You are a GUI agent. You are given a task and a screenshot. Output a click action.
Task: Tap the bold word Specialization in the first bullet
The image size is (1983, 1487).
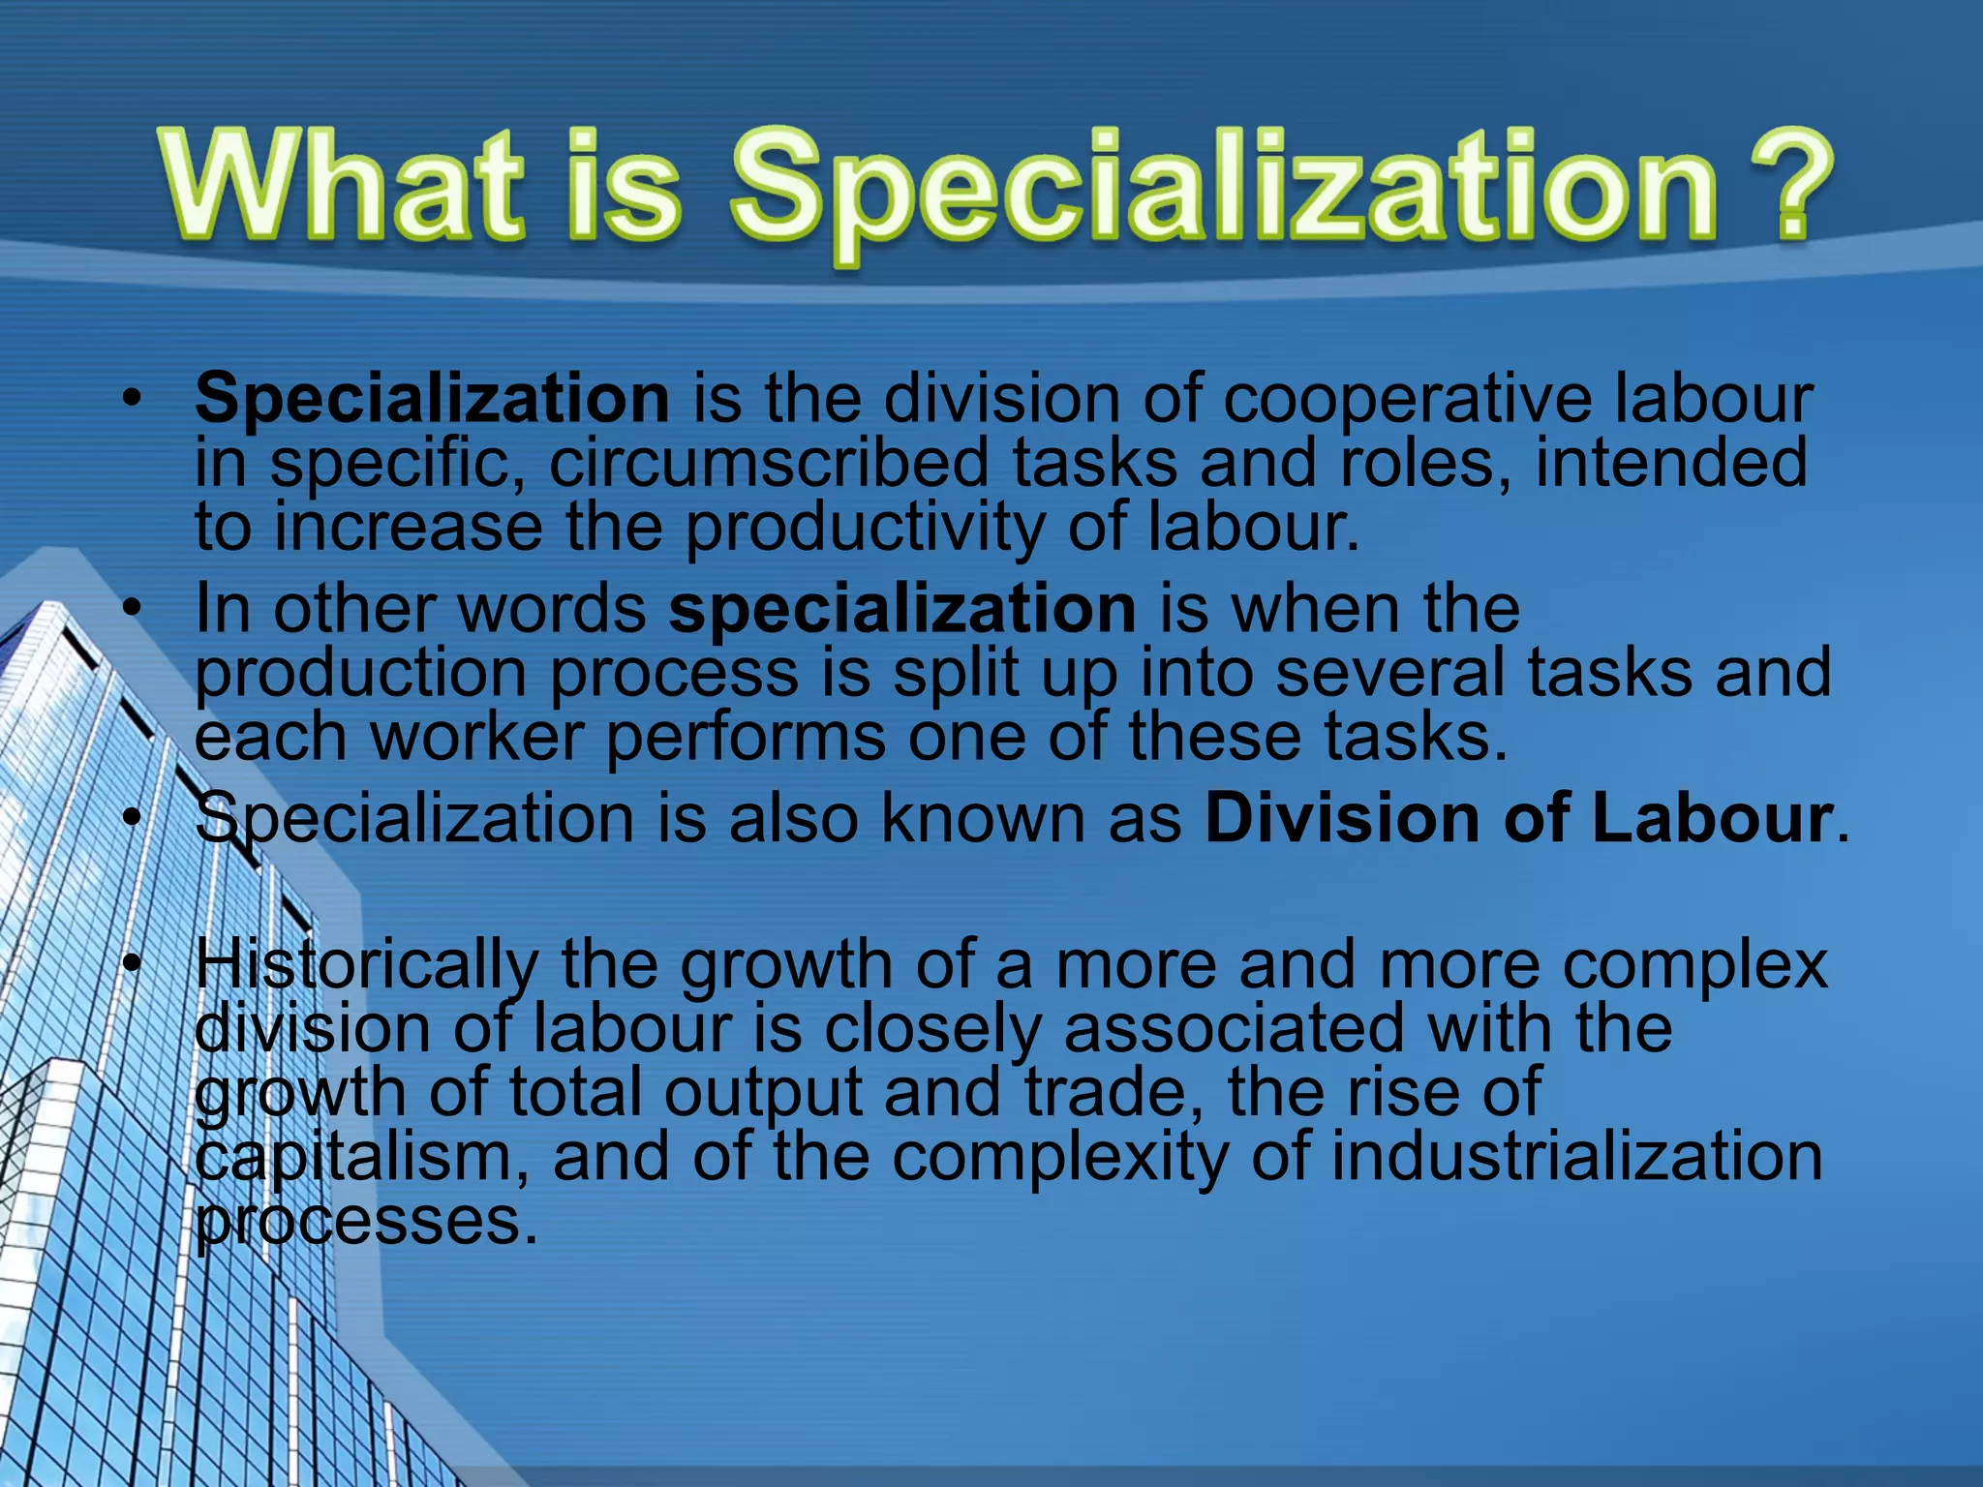coord(432,399)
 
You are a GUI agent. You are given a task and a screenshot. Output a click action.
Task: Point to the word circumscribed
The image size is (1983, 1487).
coord(770,463)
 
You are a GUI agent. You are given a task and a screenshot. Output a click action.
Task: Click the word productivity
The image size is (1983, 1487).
coord(866,529)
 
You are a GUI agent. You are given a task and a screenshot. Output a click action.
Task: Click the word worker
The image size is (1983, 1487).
coord(477,737)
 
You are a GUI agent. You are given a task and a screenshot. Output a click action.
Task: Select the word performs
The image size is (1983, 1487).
coord(746,737)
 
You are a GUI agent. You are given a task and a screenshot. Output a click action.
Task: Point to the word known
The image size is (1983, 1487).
coord(984,819)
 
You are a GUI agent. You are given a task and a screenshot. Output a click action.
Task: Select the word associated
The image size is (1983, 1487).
coord(1234,1028)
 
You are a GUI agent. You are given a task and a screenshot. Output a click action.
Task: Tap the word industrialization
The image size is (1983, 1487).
coord(1577,1156)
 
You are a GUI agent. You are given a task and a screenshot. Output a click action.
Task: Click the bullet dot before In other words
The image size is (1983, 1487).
coord(132,609)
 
